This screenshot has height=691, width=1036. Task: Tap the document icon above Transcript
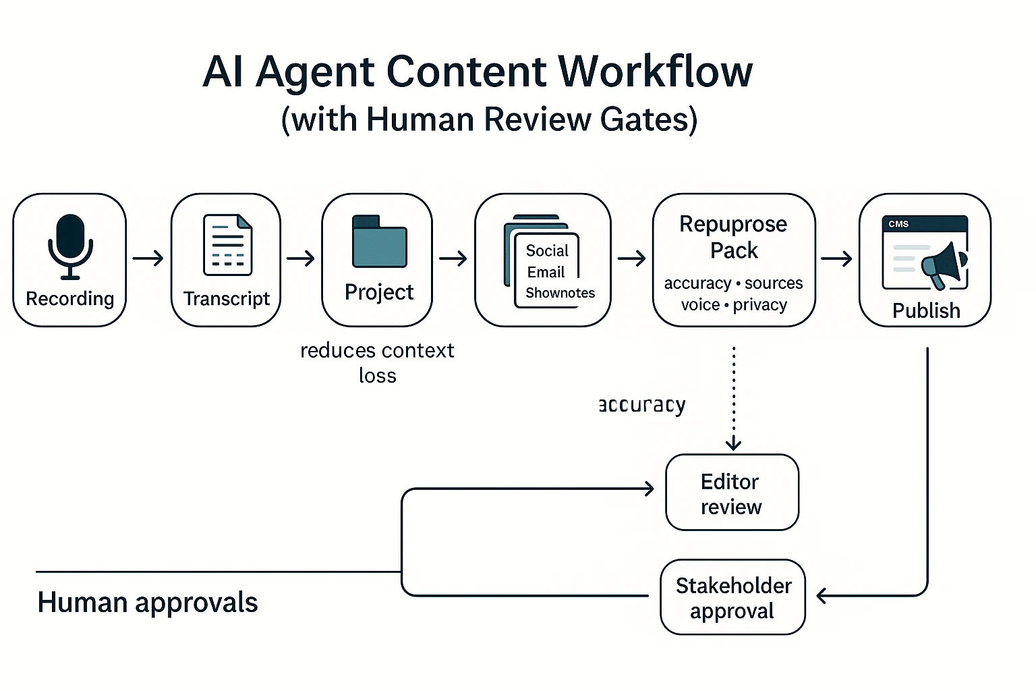[228, 244]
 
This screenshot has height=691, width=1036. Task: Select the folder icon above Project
[380, 242]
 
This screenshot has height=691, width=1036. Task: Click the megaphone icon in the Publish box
[946, 266]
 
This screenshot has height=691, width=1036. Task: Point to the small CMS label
[898, 224]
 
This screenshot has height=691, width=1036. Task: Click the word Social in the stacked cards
[547, 251]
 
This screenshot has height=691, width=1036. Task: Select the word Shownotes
[560, 293]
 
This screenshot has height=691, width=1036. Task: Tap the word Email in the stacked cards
[546, 272]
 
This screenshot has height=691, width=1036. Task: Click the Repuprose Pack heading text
[733, 237]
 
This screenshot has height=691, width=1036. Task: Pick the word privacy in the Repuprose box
[760, 305]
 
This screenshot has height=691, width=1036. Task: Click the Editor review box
[732, 493]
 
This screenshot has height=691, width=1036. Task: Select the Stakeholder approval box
[733, 598]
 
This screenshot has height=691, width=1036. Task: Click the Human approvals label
[148, 603]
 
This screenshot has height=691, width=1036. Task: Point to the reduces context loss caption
[377, 363]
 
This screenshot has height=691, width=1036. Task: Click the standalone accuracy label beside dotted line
[642, 405]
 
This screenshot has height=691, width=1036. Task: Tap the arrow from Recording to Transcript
[148, 258]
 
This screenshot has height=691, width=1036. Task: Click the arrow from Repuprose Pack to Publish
[836, 258]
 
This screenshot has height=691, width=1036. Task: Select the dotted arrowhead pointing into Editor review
[733, 444]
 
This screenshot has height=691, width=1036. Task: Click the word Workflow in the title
[656, 72]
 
